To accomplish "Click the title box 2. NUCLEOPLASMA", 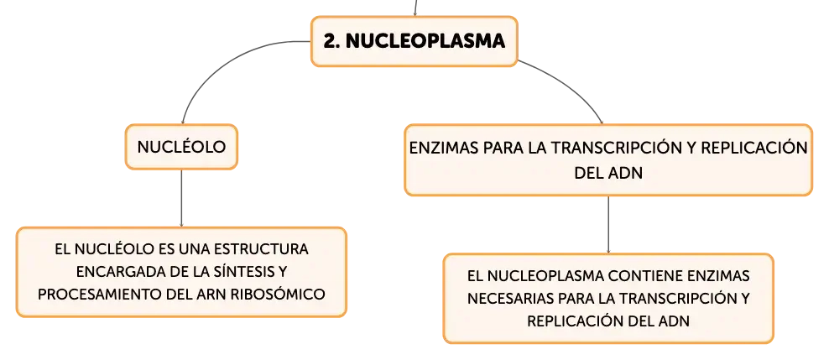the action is pos(414,41).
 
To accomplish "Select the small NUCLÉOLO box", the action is pos(181,147).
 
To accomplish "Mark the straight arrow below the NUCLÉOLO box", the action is pos(181,198).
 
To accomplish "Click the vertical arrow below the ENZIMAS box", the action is pos(608,225).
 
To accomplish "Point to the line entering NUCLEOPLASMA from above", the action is pos(415,8).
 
